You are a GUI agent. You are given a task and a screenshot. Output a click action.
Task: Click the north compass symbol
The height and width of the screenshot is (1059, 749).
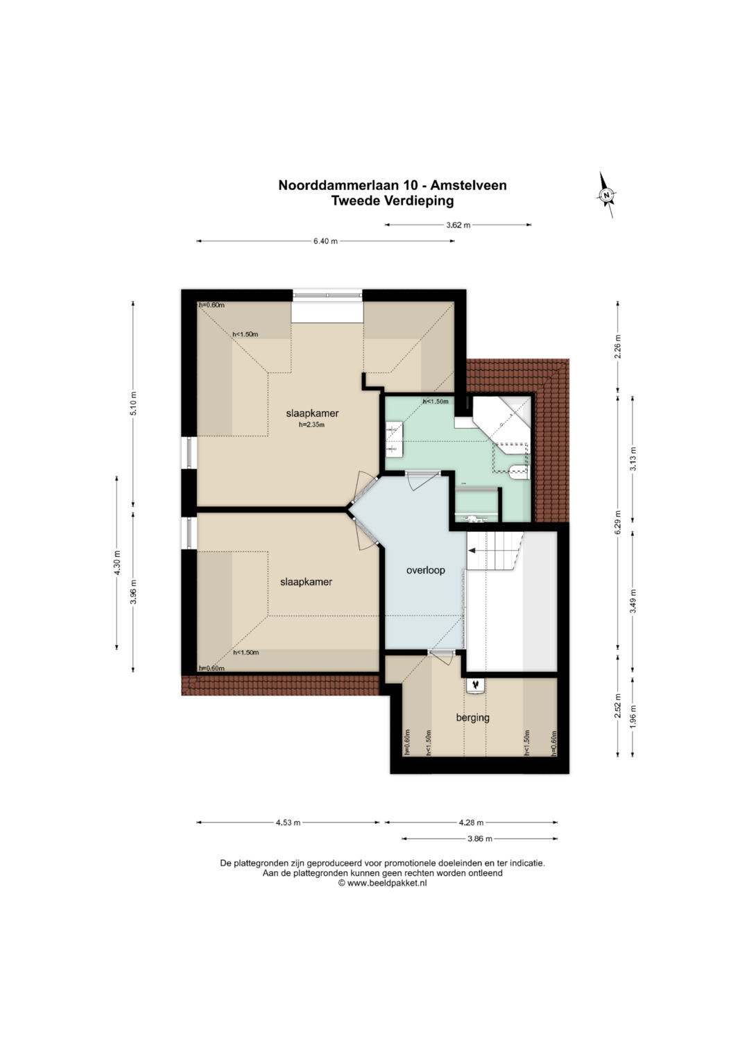(606, 195)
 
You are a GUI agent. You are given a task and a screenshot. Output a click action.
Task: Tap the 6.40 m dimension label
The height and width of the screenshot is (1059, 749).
(325, 241)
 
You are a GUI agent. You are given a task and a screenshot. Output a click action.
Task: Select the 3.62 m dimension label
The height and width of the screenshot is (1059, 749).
(458, 225)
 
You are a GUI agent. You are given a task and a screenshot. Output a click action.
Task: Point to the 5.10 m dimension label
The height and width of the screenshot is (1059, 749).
(133, 403)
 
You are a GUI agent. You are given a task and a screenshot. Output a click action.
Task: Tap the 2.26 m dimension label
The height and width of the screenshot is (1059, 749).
(617, 347)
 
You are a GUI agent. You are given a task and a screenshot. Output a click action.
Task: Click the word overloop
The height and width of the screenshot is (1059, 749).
(426, 570)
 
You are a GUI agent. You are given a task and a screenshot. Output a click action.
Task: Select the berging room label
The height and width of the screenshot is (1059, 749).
(472, 718)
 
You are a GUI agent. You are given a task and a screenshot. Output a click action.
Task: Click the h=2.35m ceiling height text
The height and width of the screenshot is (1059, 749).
(311, 424)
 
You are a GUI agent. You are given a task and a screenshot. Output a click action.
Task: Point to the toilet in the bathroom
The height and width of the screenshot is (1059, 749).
(519, 472)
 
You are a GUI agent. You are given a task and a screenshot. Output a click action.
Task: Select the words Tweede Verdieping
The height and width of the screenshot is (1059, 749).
(392, 200)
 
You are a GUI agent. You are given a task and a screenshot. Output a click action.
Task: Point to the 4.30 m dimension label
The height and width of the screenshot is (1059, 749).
(117, 562)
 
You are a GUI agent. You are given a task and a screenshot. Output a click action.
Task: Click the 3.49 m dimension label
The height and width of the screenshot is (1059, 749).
(632, 601)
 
